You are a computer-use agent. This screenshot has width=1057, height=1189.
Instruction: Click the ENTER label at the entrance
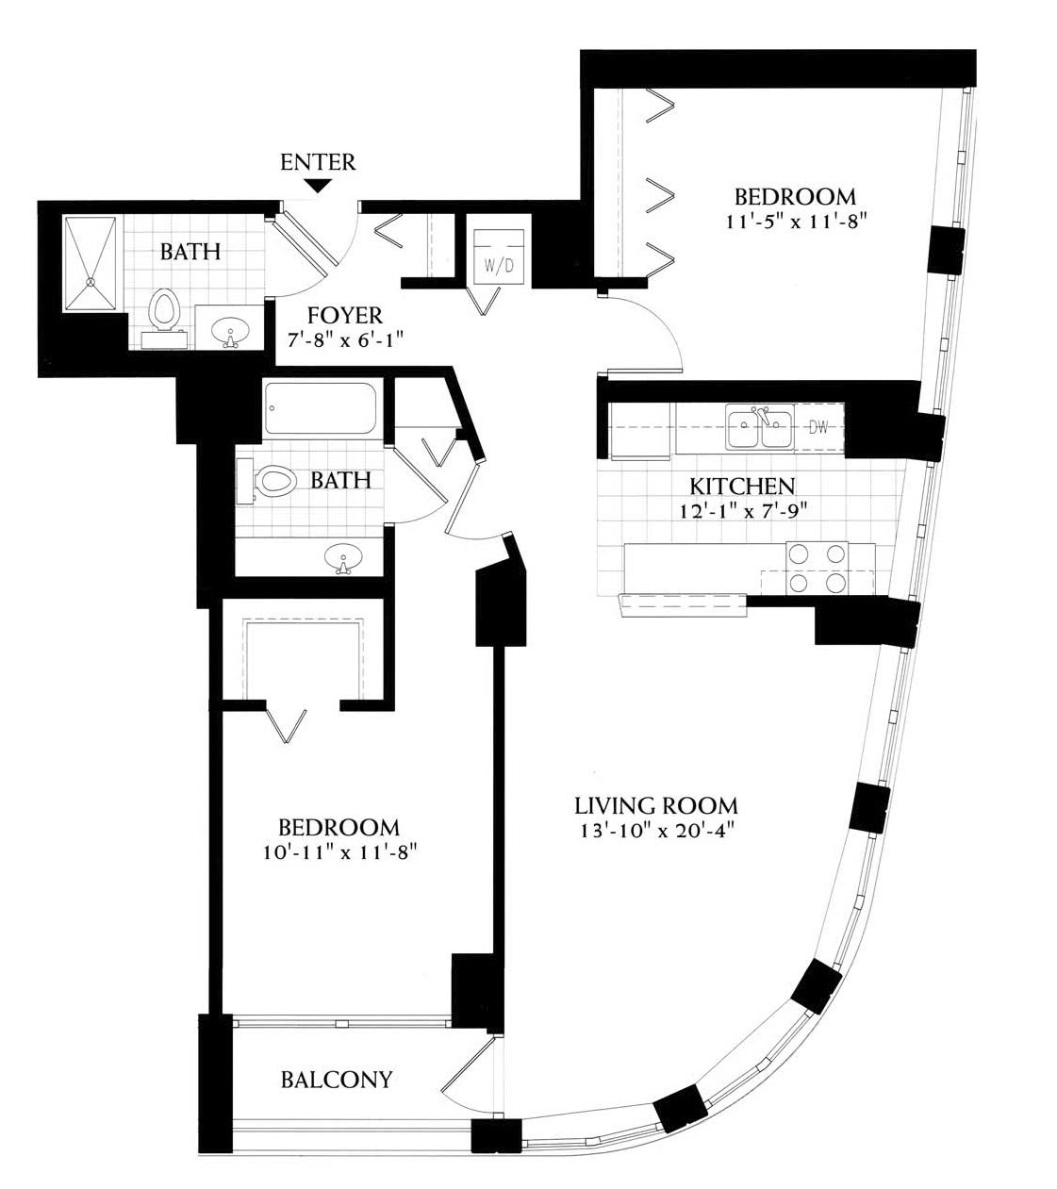pos(318,162)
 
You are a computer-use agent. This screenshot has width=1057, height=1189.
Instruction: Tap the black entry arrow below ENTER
pos(319,186)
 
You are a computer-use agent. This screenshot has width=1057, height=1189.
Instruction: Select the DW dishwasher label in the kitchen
pos(818,428)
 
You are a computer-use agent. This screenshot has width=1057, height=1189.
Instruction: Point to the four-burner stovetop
pos(817,568)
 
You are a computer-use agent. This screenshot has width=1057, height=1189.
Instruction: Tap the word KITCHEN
pos(742,486)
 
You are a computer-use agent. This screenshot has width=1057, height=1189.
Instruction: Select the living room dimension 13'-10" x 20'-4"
pos(658,831)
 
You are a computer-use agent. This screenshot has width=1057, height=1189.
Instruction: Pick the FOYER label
pos(345,316)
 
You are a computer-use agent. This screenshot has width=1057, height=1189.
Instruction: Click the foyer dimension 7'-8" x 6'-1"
pos(345,340)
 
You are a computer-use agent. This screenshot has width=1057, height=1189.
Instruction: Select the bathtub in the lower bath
pos(321,408)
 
